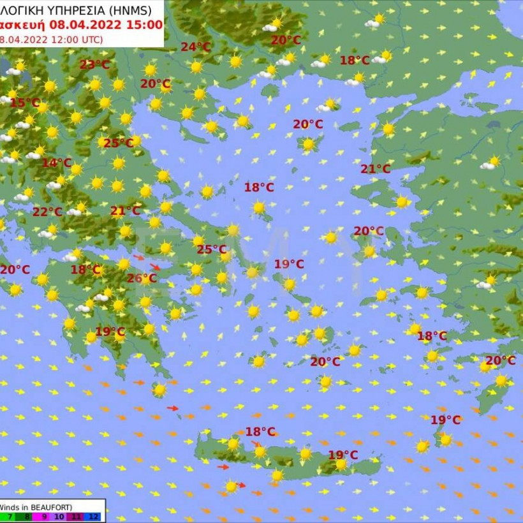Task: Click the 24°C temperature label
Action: point(196,47)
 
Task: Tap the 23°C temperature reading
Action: point(94,64)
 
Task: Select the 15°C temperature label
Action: point(24,103)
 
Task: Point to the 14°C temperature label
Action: point(56,163)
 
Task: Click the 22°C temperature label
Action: point(47,212)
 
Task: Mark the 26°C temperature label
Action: point(141,278)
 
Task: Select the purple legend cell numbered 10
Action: point(59,517)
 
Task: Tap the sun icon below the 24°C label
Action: point(196,67)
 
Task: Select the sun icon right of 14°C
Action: point(77,169)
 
